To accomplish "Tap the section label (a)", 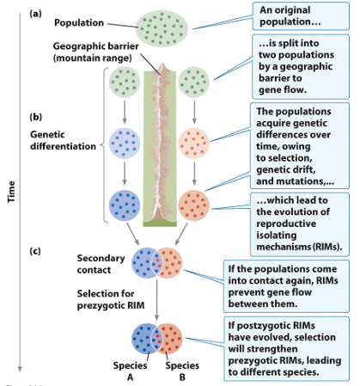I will pyautogui.click(x=35, y=13).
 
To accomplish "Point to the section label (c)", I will pyautogui.click(x=35, y=250).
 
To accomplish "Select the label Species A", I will pyautogui.click(x=132, y=371).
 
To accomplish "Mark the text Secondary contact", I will pyautogui.click(x=101, y=263).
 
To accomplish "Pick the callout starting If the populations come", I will pyautogui.click(x=288, y=285).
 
